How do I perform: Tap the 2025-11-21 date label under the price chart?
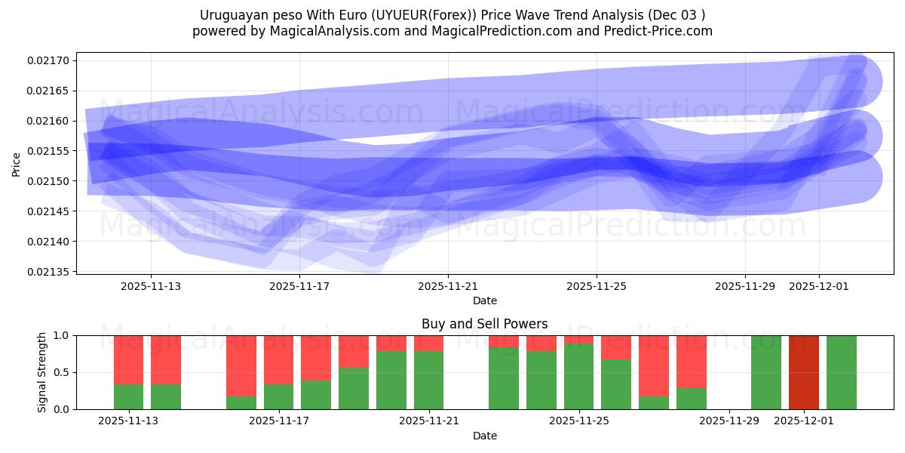[x=448, y=286]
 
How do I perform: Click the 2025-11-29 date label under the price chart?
[x=745, y=286]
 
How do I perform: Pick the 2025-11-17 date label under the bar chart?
[x=279, y=421]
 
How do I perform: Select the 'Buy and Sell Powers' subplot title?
[x=484, y=324]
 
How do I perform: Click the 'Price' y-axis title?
[x=17, y=164]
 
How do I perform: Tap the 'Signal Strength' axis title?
[x=42, y=372]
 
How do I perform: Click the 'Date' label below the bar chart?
[x=484, y=436]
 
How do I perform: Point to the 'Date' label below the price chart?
[x=484, y=300]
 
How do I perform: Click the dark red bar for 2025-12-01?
[x=803, y=372]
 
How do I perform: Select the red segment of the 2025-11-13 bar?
[x=129, y=359]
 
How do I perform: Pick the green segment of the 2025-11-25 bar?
[x=578, y=377]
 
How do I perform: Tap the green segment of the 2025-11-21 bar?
[x=428, y=380]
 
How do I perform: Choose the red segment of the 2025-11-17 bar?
[x=279, y=359]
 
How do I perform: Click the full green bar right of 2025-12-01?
[x=841, y=372]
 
